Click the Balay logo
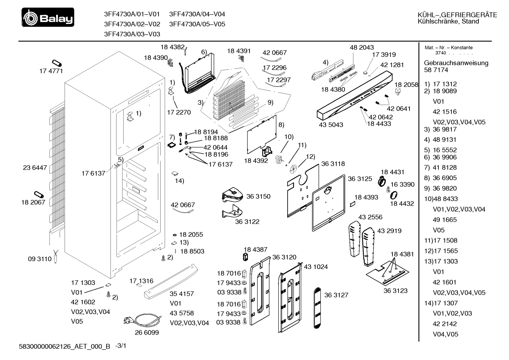point(48,17)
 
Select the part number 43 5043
point(331,125)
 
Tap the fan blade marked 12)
point(293,169)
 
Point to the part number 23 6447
point(35,167)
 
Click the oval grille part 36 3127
point(317,308)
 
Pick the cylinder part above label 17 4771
point(57,63)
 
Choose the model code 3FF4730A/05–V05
point(197,24)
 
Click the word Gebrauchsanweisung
point(456,63)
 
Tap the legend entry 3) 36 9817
point(440,129)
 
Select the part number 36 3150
point(258,196)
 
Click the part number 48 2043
point(362,47)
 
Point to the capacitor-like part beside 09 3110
point(56,256)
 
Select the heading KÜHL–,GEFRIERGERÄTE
point(457,15)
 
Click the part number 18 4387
point(256,249)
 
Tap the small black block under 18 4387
point(245,257)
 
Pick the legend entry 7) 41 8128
point(440,167)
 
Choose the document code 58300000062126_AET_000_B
point(65,346)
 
